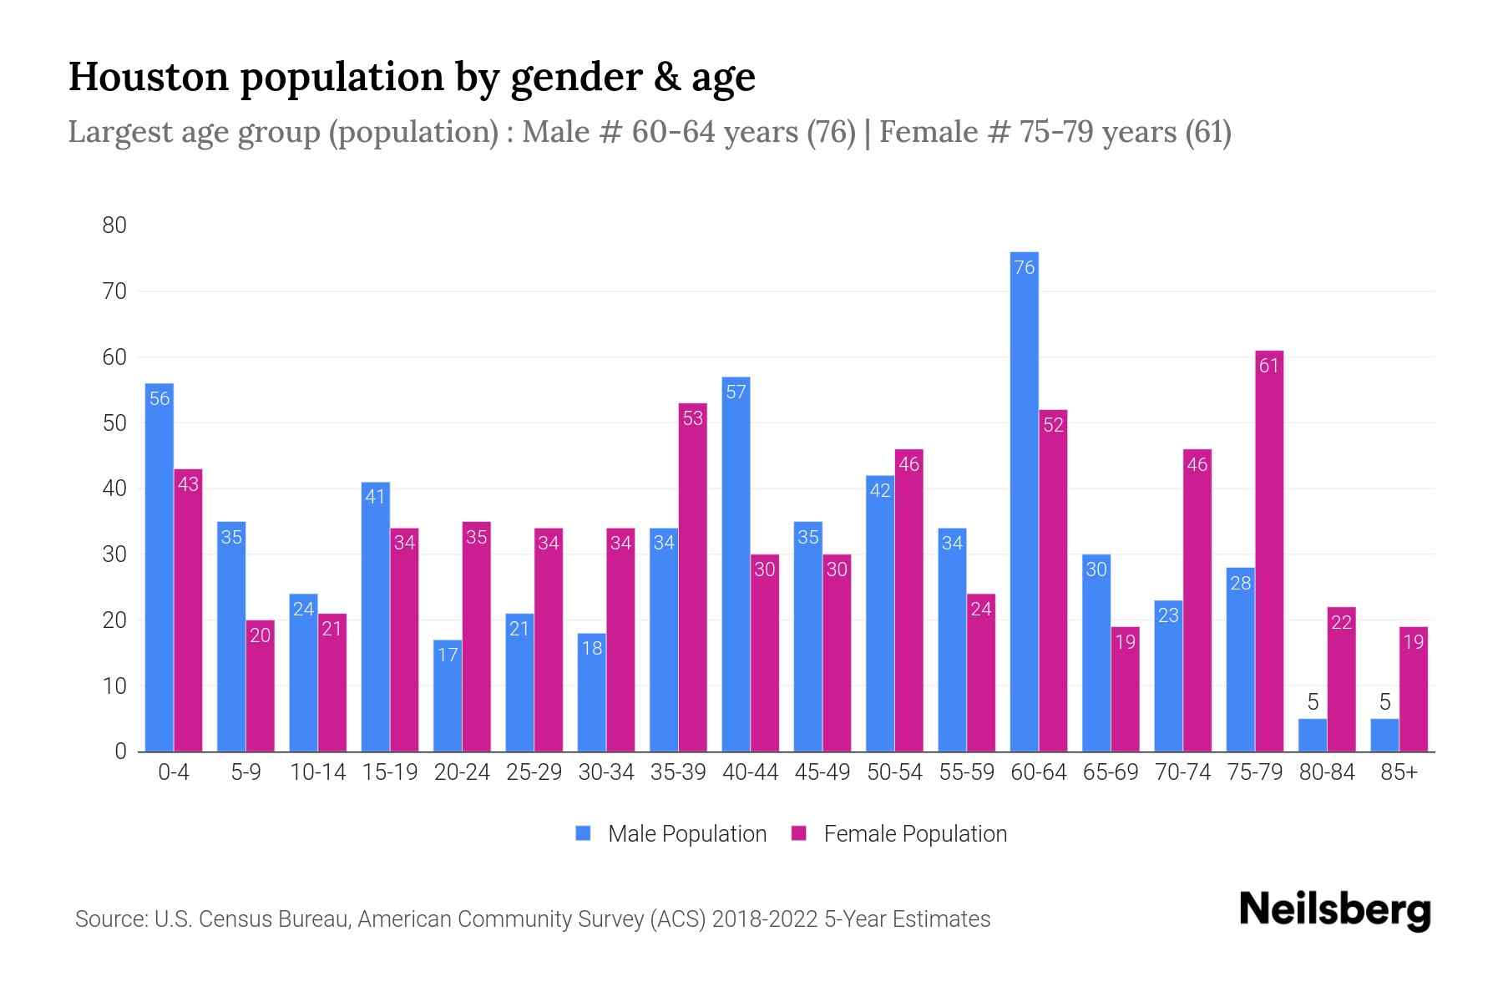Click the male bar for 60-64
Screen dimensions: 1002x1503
click(1024, 501)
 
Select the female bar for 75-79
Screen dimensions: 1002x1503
click(1269, 551)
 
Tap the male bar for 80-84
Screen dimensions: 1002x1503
click(1313, 736)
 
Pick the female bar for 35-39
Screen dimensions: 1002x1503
click(693, 576)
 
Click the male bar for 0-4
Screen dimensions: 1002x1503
click(159, 568)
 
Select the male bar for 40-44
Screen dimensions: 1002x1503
click(736, 564)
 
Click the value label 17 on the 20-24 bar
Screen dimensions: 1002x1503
click(448, 655)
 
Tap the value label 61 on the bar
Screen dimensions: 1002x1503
click(1269, 366)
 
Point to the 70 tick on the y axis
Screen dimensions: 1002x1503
click(115, 291)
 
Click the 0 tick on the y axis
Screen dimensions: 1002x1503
click(121, 751)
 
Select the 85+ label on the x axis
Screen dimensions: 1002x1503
click(1399, 772)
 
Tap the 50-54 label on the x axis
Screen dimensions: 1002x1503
click(894, 772)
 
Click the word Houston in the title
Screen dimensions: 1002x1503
click(148, 77)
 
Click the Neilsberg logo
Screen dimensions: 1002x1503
click(1334, 910)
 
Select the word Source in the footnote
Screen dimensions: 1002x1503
click(109, 919)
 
